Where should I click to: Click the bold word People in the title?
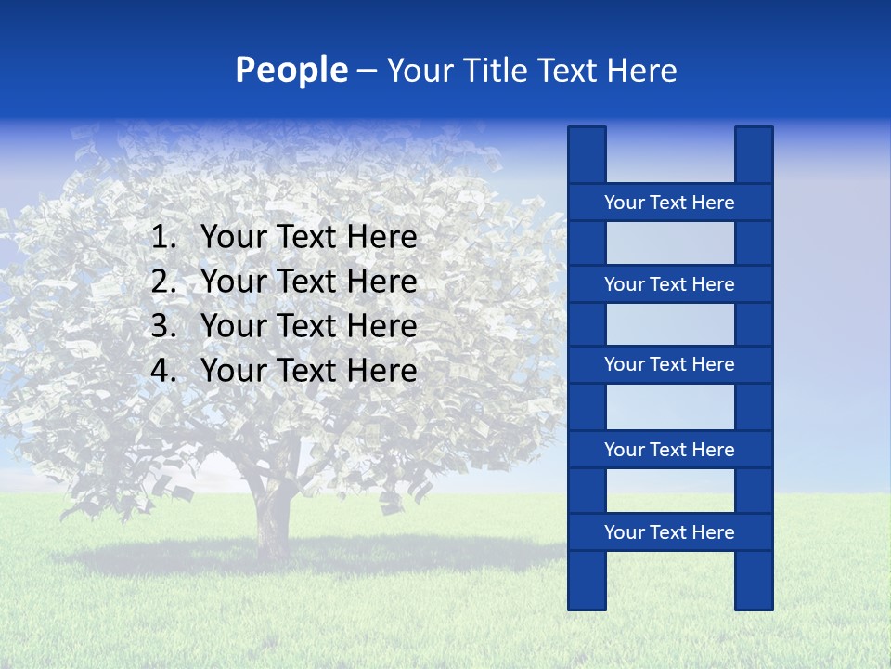[x=291, y=71]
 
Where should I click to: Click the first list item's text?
[x=308, y=238]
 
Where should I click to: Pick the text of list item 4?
[x=308, y=371]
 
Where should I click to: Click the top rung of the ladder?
[x=669, y=203]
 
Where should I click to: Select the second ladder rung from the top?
[x=669, y=284]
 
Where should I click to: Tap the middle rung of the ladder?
[x=669, y=364]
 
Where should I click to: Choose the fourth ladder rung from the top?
[x=669, y=450]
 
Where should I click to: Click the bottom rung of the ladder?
[x=669, y=532]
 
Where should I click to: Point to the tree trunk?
[x=273, y=520]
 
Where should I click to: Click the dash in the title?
[x=366, y=72]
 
